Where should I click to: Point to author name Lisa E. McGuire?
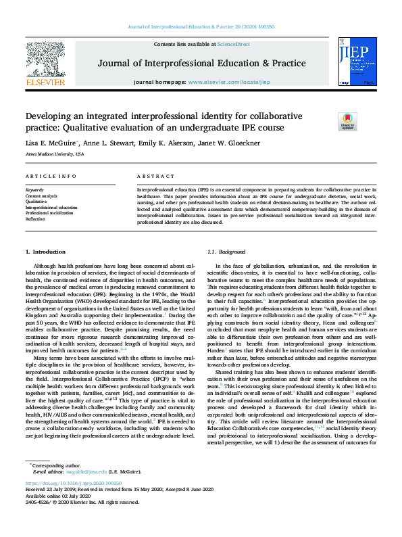click(51, 142)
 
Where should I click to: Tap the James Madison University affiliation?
click(55, 154)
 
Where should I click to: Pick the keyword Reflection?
click(36, 218)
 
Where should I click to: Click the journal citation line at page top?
click(201, 26)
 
